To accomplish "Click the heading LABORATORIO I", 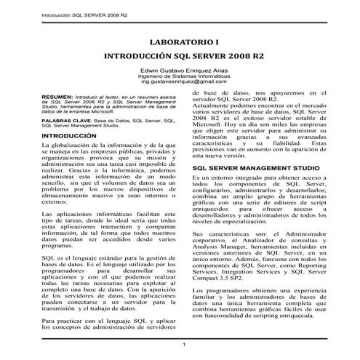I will [180, 41].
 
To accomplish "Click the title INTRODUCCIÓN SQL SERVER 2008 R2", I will [180, 55].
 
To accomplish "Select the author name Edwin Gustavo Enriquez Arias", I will [180, 69].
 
